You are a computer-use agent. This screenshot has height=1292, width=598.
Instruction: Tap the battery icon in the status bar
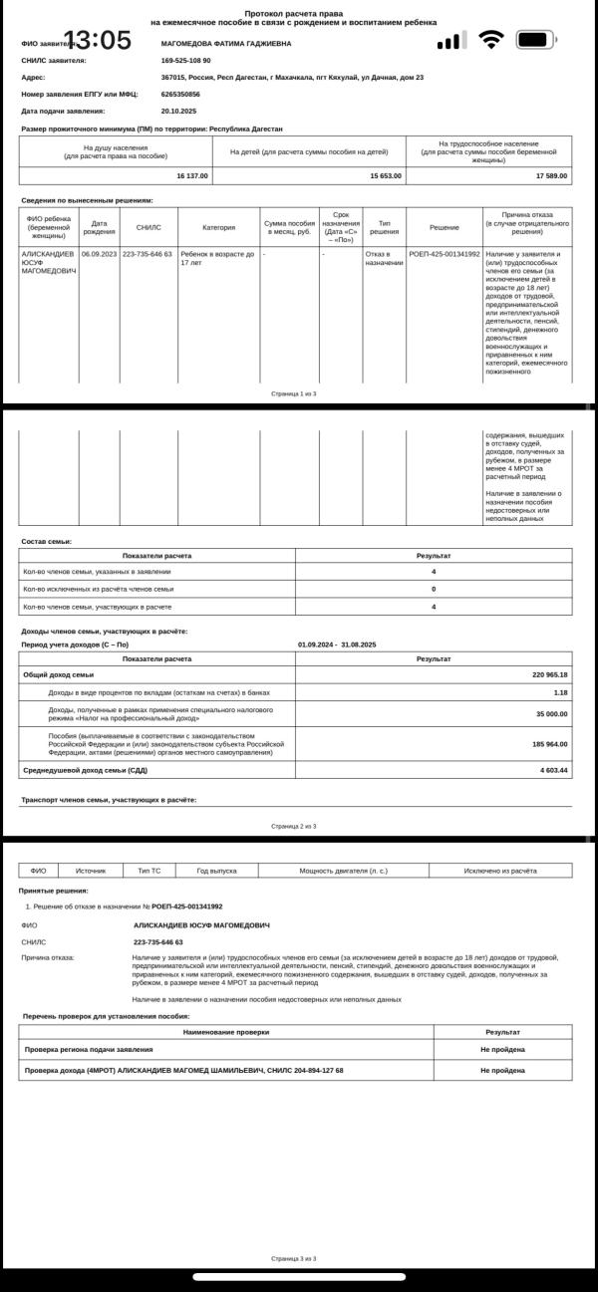click(535, 40)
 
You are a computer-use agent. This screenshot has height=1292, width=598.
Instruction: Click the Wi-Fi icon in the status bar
click(490, 40)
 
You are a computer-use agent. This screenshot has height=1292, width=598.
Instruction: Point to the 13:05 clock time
click(97, 41)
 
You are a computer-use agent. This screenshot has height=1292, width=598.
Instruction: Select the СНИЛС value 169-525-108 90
click(185, 61)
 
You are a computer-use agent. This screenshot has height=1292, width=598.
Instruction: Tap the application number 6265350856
click(180, 94)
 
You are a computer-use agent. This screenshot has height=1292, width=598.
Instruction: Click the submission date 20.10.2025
click(178, 111)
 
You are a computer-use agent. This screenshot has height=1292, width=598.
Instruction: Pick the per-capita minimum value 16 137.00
click(191, 175)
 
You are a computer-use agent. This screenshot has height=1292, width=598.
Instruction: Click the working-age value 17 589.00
click(550, 175)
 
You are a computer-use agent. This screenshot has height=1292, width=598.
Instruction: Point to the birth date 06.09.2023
click(99, 254)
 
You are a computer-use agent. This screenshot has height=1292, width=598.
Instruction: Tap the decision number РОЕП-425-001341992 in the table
click(444, 254)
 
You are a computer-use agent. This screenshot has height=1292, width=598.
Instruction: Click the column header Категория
click(218, 228)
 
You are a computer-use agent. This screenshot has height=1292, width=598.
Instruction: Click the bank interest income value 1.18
click(560, 691)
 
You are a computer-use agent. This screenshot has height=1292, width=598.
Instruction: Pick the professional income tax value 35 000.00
click(549, 713)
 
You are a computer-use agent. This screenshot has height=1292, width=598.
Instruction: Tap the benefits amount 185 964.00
click(549, 743)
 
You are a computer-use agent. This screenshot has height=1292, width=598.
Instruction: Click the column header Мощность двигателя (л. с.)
click(343, 871)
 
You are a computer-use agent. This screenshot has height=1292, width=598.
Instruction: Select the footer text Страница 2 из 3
click(293, 826)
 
